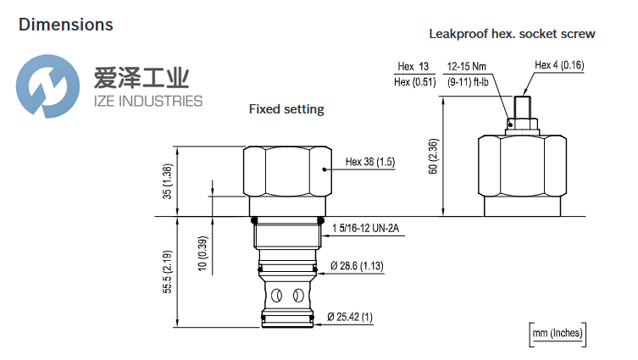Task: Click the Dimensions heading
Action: click(65, 25)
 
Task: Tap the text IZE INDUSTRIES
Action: click(146, 102)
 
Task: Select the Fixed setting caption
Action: click(286, 109)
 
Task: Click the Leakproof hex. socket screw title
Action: click(513, 34)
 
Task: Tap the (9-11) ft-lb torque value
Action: click(467, 81)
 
